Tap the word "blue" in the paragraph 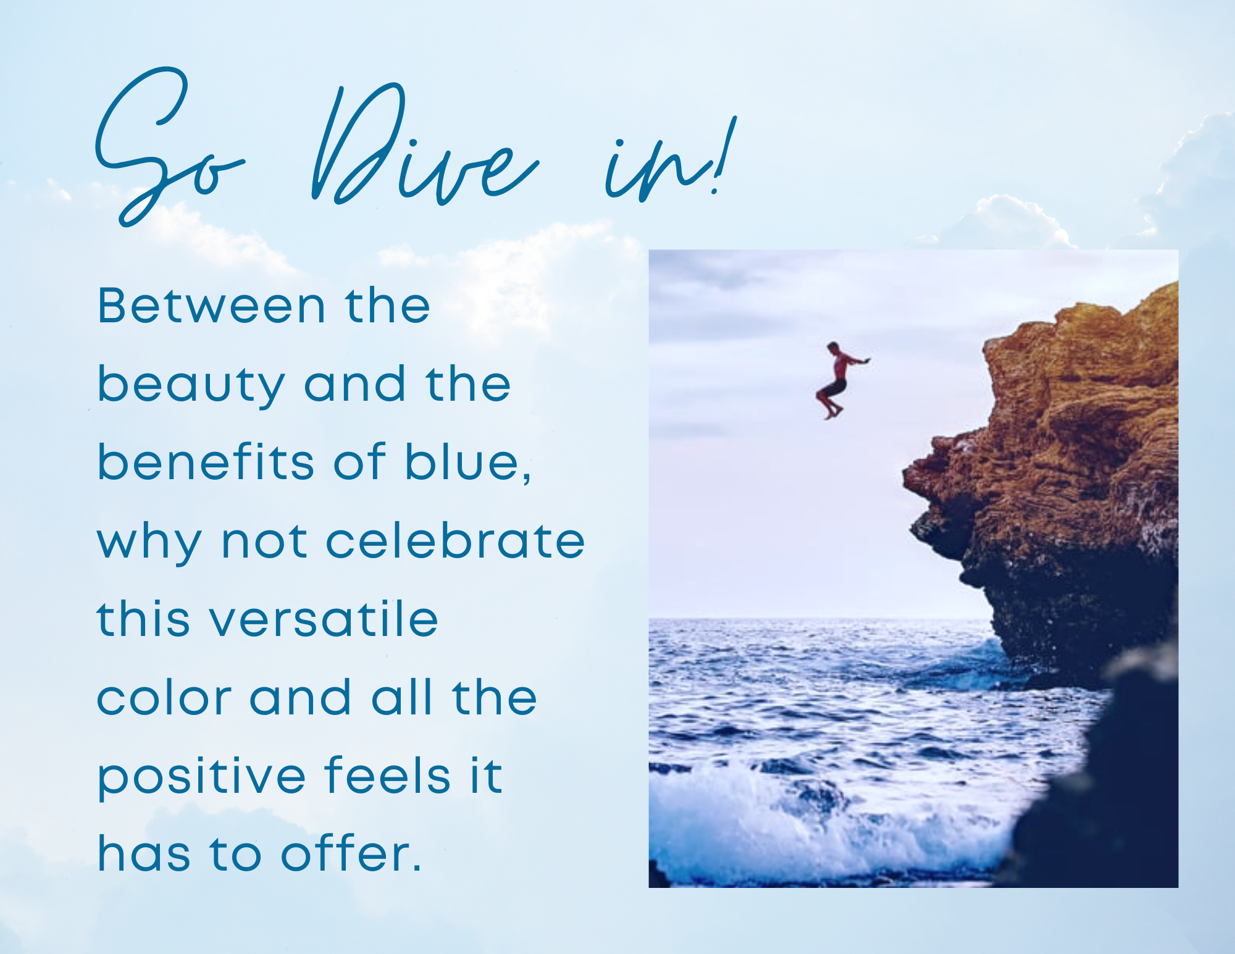467,463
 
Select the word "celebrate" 455,540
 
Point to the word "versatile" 325,619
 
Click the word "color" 164,698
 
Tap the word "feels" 387,774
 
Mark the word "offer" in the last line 346,853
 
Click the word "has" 144,853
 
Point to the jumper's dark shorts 835,388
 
